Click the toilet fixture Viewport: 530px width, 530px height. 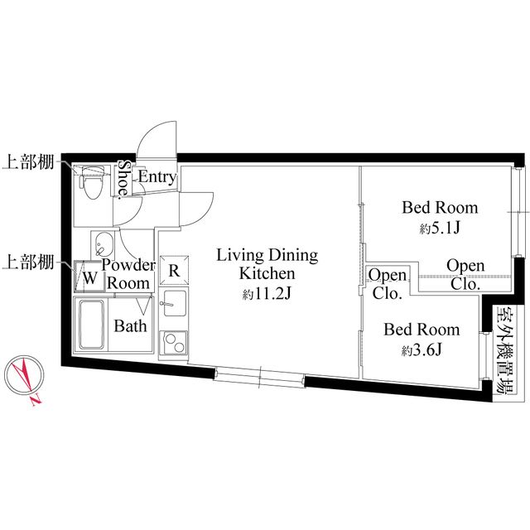(x=90, y=182)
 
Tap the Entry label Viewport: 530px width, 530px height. (x=157, y=176)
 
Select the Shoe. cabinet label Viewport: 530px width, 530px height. (x=124, y=178)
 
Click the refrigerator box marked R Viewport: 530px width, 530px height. (x=174, y=271)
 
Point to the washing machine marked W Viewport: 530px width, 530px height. (x=89, y=277)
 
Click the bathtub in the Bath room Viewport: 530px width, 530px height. (x=91, y=324)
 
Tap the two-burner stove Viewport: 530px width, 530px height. (x=174, y=343)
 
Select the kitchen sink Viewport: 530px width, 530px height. (x=174, y=303)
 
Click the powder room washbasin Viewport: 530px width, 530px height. (x=104, y=245)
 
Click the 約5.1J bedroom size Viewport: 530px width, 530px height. (x=440, y=229)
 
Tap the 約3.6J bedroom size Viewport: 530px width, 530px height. (x=422, y=350)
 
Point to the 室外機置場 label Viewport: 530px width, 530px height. (x=503, y=349)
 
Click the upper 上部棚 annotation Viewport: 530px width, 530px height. (x=28, y=162)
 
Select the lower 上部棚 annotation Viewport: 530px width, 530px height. (x=28, y=262)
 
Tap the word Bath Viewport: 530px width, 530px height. (x=131, y=325)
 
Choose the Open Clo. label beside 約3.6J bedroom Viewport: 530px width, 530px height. (x=388, y=284)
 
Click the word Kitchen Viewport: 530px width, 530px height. (x=267, y=273)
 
